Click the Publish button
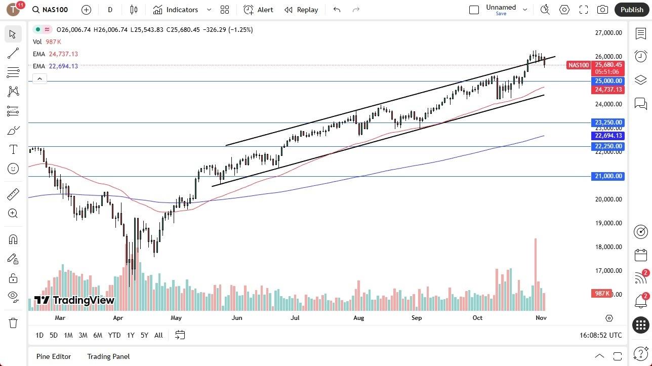631,10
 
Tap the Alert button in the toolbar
258,10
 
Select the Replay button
301,10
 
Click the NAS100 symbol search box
51,10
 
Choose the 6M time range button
98,335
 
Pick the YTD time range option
114,335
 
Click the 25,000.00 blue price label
608,81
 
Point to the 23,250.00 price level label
608,123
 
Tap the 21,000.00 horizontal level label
608,176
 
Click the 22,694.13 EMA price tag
608,136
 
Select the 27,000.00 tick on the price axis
608,33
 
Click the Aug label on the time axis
358,318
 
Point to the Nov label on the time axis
541,318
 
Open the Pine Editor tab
54,356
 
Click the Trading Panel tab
108,356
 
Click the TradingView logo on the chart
74,300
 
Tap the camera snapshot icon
602,10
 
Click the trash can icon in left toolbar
13,323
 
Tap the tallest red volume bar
535,273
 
